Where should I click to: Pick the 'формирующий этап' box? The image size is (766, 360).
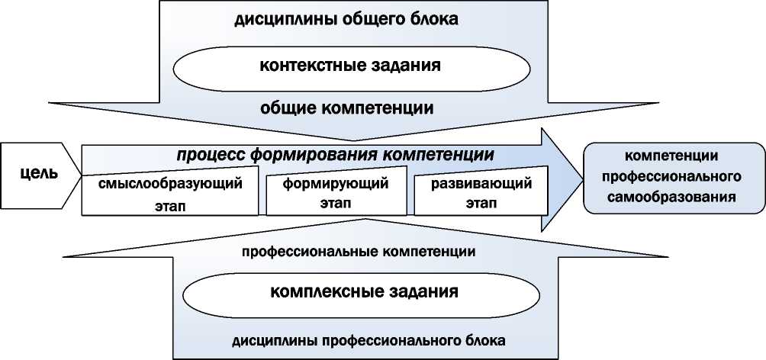pos(335,194)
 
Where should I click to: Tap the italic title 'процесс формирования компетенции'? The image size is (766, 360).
pos(335,154)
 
